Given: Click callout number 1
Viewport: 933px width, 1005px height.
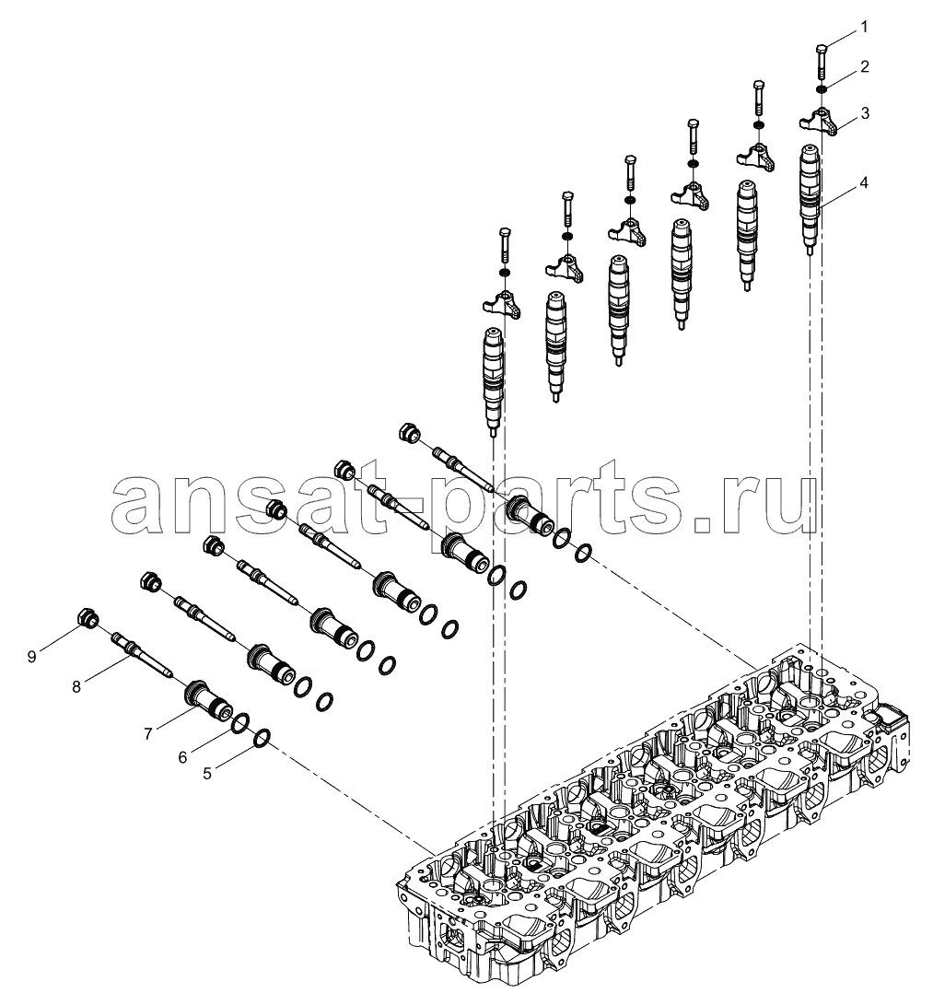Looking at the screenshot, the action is click(x=864, y=27).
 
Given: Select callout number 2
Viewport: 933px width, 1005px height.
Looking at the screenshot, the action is click(x=864, y=66).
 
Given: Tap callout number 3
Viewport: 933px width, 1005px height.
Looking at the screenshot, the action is click(x=865, y=113).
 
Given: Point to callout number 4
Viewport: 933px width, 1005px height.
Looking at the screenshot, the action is click(x=864, y=183).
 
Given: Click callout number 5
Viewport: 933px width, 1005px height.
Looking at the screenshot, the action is click(x=207, y=774).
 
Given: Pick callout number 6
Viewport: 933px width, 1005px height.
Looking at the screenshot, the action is click(x=182, y=757).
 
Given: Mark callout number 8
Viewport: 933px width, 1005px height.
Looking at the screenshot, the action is click(x=76, y=687).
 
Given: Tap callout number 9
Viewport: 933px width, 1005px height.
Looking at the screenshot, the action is click(x=31, y=656).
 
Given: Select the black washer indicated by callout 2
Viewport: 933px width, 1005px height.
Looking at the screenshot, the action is click(x=822, y=89).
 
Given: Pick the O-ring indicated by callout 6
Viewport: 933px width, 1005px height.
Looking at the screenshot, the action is click(x=239, y=723).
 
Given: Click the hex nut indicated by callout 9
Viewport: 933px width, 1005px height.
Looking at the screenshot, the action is click(x=87, y=617).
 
